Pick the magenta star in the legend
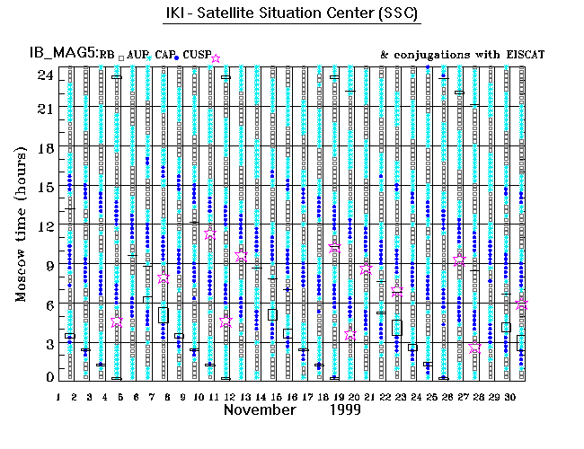coord(215,58)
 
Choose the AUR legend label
coord(137,56)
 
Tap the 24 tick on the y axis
coord(45,75)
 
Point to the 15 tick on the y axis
coord(45,187)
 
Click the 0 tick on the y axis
coord(49,377)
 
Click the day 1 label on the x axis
coord(58,396)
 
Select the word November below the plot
coord(260,409)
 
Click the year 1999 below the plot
coord(344,409)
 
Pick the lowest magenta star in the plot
coord(475,348)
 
